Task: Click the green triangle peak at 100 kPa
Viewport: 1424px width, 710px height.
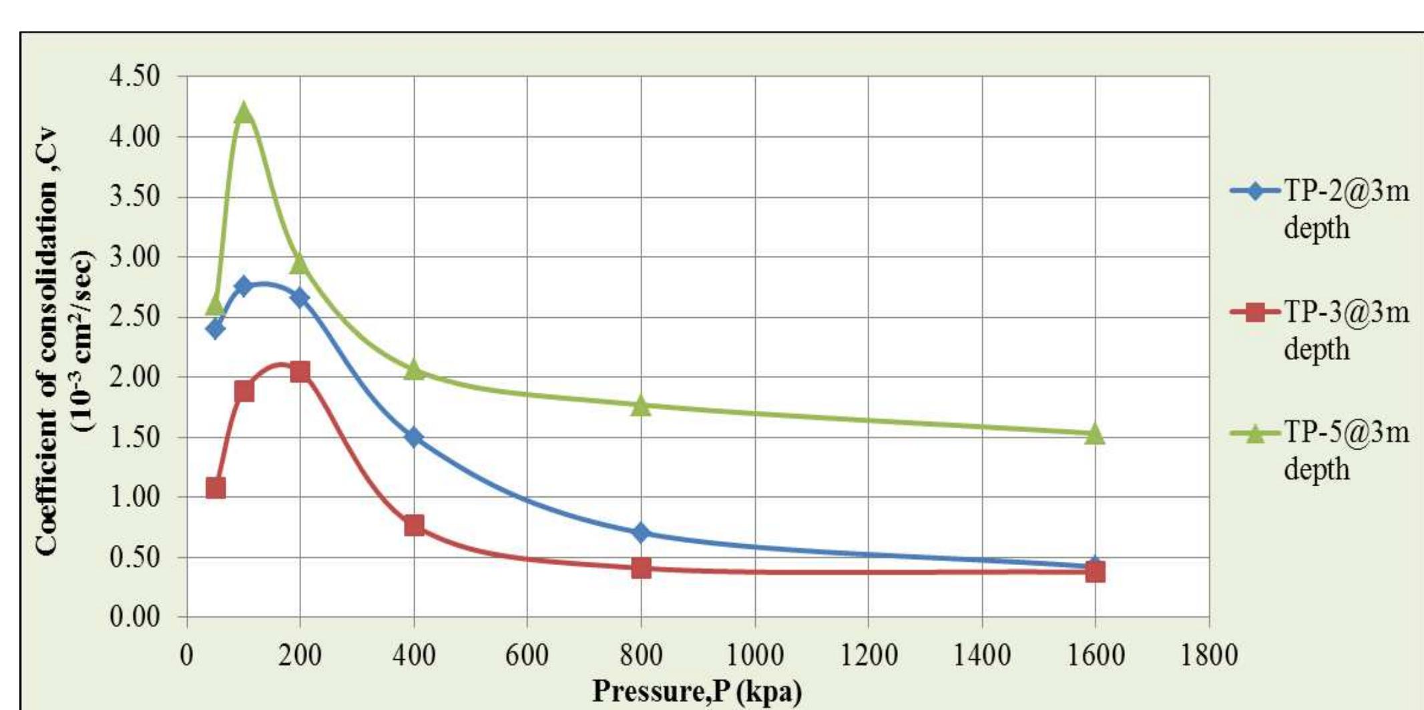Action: tap(244, 112)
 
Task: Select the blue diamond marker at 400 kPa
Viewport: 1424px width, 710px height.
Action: tap(414, 437)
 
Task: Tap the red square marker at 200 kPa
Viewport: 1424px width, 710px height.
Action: tap(300, 371)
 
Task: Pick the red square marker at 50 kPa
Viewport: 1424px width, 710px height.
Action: tap(215, 488)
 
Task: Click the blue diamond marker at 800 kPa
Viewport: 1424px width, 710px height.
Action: tap(641, 532)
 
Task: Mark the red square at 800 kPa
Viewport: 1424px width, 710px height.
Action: tap(641, 568)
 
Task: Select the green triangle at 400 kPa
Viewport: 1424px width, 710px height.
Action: tap(414, 369)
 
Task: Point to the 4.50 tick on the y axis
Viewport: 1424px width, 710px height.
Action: tap(135, 76)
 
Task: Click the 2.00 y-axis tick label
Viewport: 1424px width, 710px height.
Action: tap(135, 377)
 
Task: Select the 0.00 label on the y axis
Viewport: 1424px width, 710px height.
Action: tap(135, 616)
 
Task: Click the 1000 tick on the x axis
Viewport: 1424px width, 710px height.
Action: tap(754, 655)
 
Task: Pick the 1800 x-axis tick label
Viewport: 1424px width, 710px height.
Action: tap(1209, 655)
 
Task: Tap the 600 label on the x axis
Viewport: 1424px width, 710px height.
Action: tap(527, 655)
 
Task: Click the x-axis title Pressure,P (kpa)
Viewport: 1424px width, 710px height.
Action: tap(697, 691)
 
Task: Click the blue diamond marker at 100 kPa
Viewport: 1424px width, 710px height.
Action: tap(244, 287)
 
